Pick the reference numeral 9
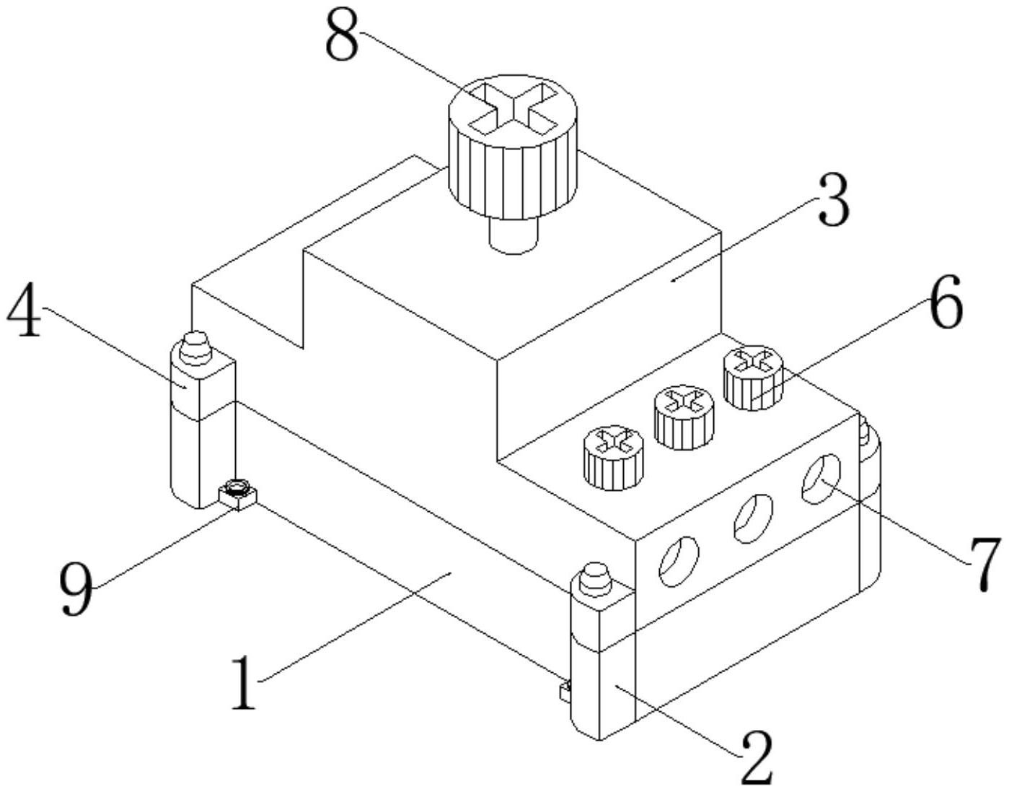(x=76, y=589)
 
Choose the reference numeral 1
(x=244, y=682)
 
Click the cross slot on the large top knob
(x=513, y=110)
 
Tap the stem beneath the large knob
(x=514, y=235)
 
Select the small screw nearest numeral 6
(x=753, y=378)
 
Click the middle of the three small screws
(x=684, y=417)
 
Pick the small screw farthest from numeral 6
(x=614, y=458)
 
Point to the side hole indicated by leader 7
(x=822, y=479)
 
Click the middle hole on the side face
(x=753, y=518)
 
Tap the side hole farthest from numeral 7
(x=679, y=562)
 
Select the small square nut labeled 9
(x=238, y=495)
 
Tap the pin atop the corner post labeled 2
(x=596, y=579)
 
